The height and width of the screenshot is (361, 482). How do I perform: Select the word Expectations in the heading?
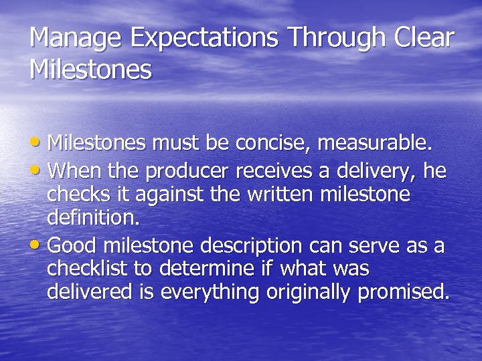pos(205,38)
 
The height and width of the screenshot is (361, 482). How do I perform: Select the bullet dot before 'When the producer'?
pos(39,172)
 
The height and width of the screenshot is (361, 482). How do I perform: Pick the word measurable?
pos(376,143)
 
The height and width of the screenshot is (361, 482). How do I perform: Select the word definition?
pos(90,218)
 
